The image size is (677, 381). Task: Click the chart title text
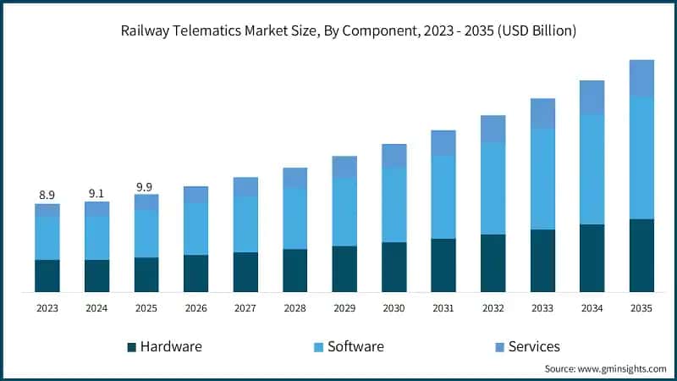pyautogui.click(x=338, y=30)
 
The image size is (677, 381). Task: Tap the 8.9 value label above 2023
pyautogui.click(x=47, y=195)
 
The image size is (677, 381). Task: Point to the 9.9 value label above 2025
pyautogui.click(x=146, y=186)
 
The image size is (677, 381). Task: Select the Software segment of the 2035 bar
pyautogui.click(x=641, y=157)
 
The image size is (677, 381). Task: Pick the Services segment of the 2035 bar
pyautogui.click(x=641, y=78)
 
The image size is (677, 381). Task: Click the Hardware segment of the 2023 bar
pyautogui.click(x=47, y=276)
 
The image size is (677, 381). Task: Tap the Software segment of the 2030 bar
pyautogui.click(x=394, y=205)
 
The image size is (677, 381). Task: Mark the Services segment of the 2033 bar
pyautogui.click(x=542, y=113)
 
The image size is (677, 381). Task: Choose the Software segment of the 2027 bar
pyautogui.click(x=245, y=224)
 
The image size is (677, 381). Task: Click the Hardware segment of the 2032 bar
pyautogui.click(x=493, y=263)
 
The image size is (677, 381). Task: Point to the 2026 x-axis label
pyautogui.click(x=195, y=310)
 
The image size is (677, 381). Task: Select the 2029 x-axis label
pyautogui.click(x=344, y=310)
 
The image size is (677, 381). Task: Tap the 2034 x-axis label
pyautogui.click(x=592, y=310)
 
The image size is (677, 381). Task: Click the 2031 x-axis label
pyautogui.click(x=443, y=310)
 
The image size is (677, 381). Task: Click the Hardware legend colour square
pyautogui.click(x=131, y=347)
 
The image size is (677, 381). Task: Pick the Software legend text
pyautogui.click(x=355, y=346)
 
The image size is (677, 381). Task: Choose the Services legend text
pyautogui.click(x=534, y=346)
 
